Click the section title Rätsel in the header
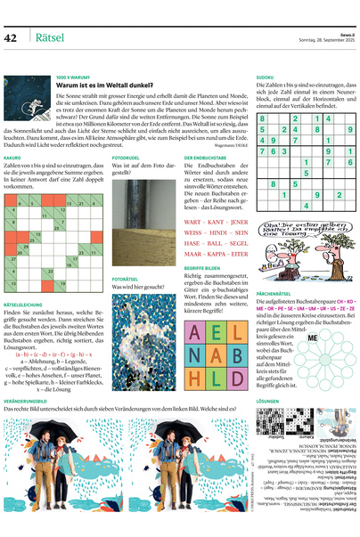(x=48, y=37)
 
